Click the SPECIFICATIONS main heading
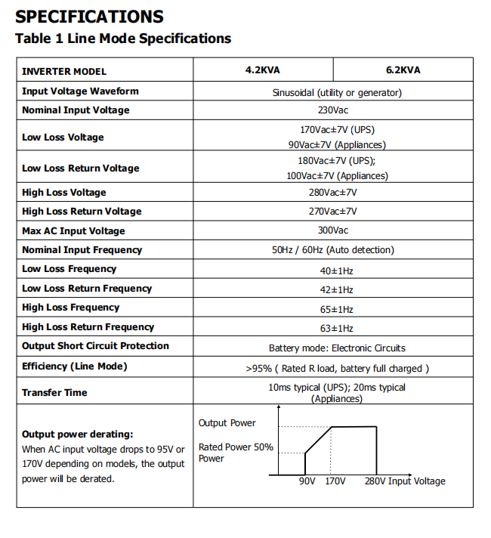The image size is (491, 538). click(89, 16)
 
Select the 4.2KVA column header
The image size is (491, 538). click(262, 70)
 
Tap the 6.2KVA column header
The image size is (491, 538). click(403, 70)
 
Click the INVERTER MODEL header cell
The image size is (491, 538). click(64, 72)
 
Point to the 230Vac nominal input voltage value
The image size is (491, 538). click(332, 110)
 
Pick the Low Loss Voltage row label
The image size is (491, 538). click(63, 138)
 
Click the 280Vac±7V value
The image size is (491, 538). click(332, 193)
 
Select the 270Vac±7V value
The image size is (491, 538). click(332, 212)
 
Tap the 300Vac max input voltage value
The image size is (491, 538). click(332, 231)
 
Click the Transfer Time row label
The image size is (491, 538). click(54, 393)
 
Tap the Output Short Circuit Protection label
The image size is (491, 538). click(95, 346)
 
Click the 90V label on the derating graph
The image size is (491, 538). click(306, 481)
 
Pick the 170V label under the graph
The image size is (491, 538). click(335, 481)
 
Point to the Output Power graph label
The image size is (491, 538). click(227, 423)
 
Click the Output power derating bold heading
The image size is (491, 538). click(77, 434)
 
